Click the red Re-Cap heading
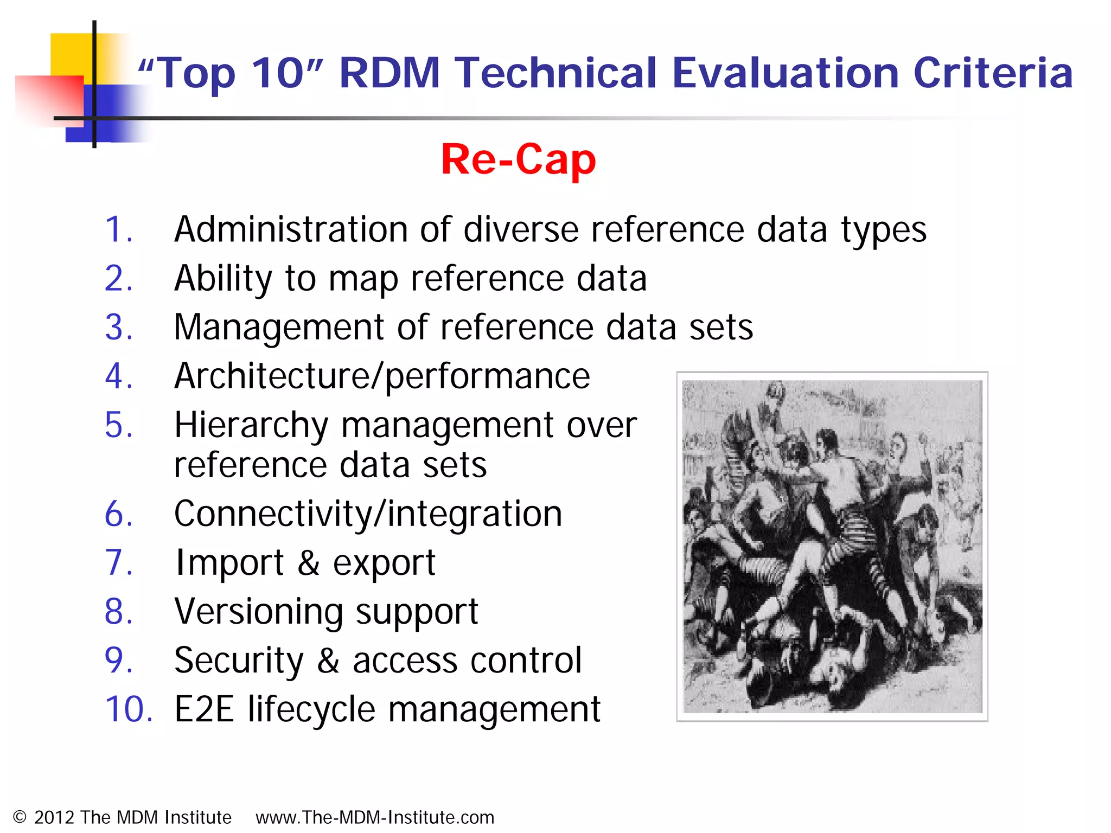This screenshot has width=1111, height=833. click(518, 159)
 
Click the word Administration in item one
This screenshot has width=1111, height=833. click(290, 229)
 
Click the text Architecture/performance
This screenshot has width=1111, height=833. click(382, 376)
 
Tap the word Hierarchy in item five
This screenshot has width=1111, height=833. click(251, 426)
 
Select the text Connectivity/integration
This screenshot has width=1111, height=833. click(368, 514)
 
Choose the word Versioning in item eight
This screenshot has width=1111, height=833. click(258, 612)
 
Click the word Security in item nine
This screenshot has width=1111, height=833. click(239, 661)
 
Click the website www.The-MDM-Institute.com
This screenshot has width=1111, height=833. click(375, 817)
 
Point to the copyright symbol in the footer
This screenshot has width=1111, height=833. click(20, 817)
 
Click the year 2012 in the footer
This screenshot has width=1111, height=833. click(54, 817)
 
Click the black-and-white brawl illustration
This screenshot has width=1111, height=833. click(832, 546)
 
